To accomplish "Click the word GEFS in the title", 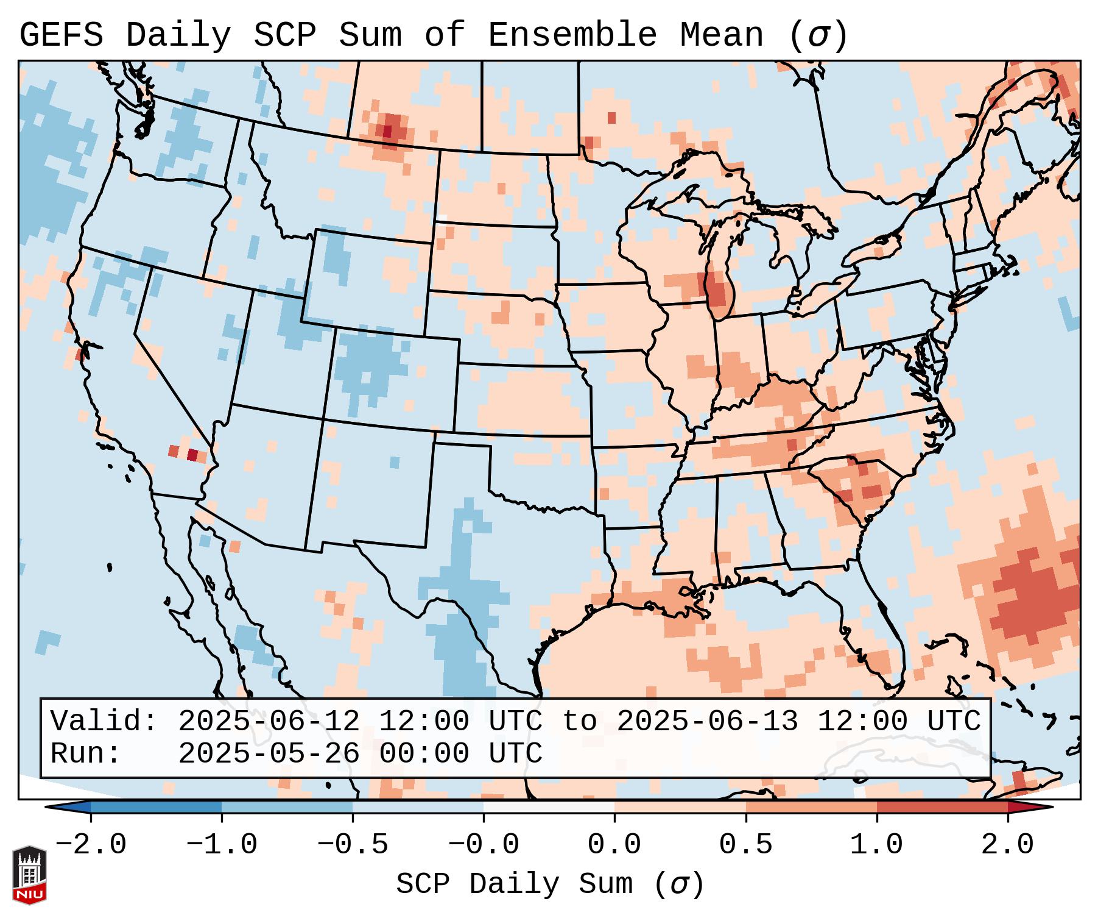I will click(61, 35).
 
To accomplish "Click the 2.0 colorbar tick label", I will click(1007, 845).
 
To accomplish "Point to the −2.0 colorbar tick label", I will click(91, 845).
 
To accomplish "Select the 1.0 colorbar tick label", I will click(876, 845).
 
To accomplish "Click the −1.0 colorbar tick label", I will click(222, 845).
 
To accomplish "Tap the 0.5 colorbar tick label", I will click(745, 845).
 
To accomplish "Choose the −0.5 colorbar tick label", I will click(353, 845).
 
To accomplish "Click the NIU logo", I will click(29, 875).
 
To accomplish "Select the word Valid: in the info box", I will click(104, 722).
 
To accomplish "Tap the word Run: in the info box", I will click(86, 754).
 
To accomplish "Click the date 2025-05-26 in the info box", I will click(269, 754).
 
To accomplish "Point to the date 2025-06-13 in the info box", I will click(707, 722).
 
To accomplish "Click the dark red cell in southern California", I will click(192, 455).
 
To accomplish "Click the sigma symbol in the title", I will click(818, 35).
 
